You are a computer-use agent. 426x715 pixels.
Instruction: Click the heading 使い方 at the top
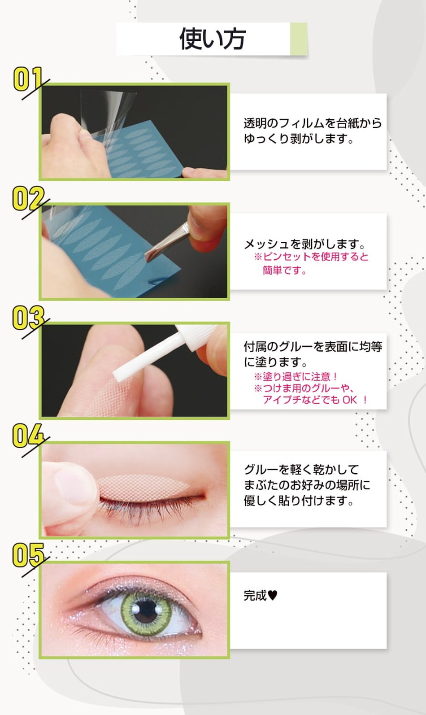pyautogui.click(x=212, y=39)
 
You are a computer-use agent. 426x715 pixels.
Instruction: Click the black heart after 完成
pyautogui.click(x=273, y=595)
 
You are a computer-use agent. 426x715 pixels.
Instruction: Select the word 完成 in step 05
pyautogui.click(x=255, y=596)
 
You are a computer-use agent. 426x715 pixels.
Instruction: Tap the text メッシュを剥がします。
pyautogui.click(x=305, y=244)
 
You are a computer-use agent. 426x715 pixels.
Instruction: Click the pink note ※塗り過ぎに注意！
pyautogui.click(x=296, y=376)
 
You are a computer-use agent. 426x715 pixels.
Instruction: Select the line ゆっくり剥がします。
pyautogui.click(x=299, y=139)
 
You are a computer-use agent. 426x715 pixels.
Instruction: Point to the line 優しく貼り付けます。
pyautogui.click(x=299, y=501)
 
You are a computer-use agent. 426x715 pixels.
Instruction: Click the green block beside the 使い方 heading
pyautogui.click(x=298, y=39)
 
